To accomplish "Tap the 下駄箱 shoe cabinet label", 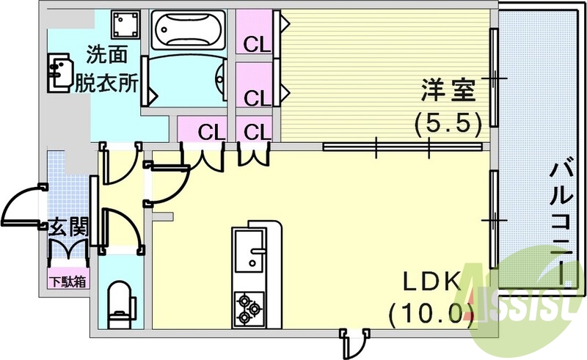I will pos(68,280).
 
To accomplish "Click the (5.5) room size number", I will pos(448,121).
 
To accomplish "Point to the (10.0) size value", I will pos(429,314).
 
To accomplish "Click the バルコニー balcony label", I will pos(562,220).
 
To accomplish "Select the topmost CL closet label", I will pos(257,45).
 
